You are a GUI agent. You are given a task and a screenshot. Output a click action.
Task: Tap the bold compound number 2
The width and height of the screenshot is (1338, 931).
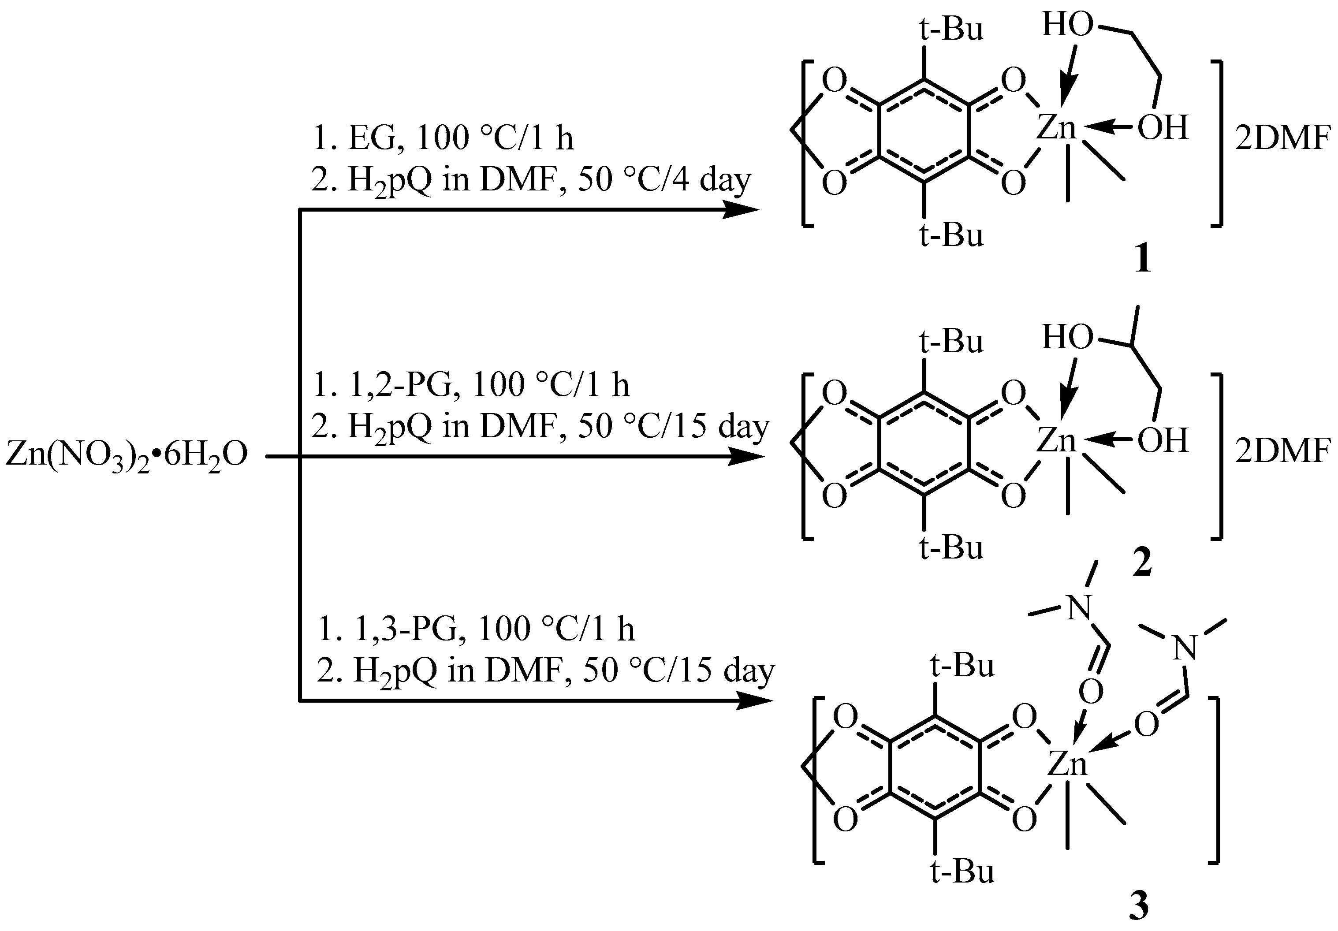click(x=1142, y=563)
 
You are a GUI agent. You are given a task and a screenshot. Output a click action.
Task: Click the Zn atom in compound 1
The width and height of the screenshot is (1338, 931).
click(x=1056, y=127)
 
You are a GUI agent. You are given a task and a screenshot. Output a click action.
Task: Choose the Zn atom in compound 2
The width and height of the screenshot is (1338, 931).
click(x=1056, y=440)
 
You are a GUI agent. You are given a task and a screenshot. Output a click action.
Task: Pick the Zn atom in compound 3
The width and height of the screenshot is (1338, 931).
click(x=1068, y=763)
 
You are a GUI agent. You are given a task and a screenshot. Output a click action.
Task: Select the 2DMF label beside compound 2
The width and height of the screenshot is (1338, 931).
click(x=1286, y=451)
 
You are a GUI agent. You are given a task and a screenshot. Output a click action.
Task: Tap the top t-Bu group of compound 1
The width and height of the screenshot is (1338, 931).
click(x=951, y=29)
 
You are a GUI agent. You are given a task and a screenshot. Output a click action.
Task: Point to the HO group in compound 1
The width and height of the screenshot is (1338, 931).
click(x=1068, y=26)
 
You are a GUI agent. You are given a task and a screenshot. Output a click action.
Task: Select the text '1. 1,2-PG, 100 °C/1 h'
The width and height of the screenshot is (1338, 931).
click(x=471, y=384)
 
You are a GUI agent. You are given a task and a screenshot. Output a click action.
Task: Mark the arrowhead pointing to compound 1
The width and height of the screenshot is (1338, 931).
click(x=740, y=209)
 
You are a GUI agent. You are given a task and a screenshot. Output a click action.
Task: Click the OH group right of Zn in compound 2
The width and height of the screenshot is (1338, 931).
click(x=1163, y=440)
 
